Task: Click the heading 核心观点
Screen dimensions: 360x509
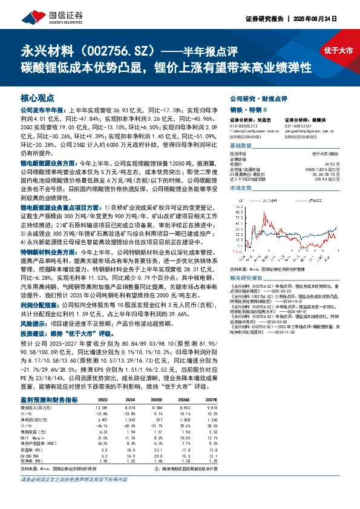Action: tap(38, 98)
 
